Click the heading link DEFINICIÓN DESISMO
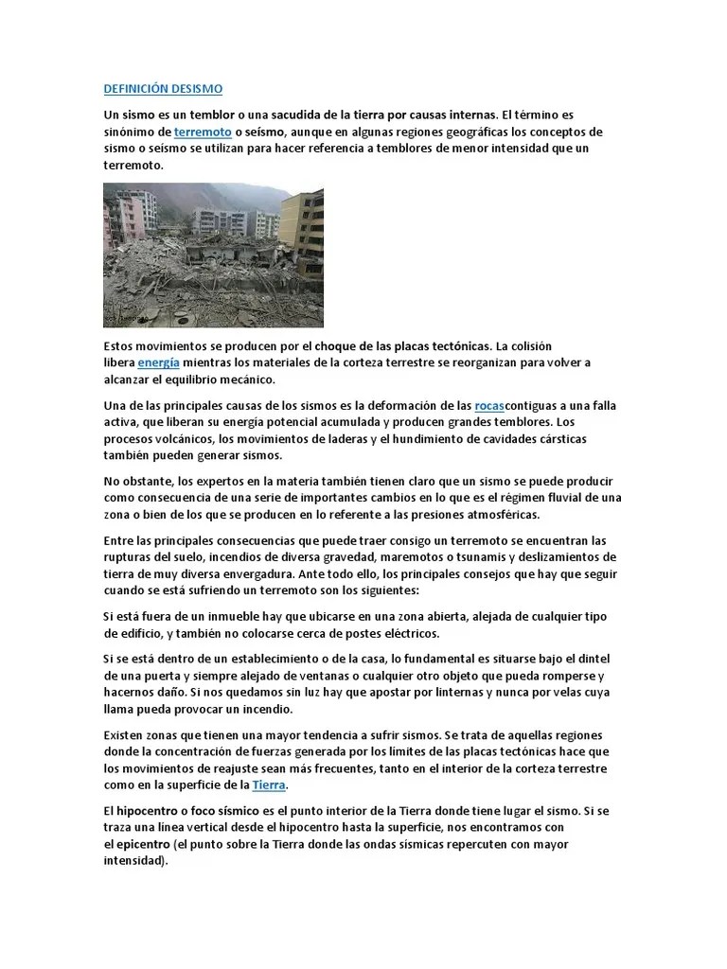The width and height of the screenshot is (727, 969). point(163,89)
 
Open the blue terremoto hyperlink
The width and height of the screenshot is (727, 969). point(203,132)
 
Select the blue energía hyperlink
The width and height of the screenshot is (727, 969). point(158,362)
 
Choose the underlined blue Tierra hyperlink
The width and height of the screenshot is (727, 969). point(269,785)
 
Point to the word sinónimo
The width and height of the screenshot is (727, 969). point(136,132)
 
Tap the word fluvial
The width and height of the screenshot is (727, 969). point(572,498)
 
